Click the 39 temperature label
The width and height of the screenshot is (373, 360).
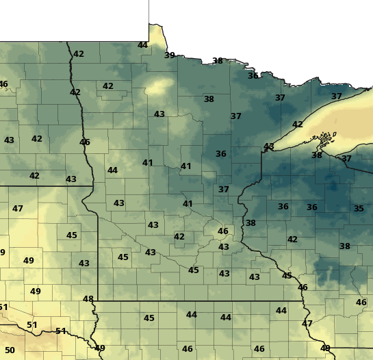[x=169, y=55]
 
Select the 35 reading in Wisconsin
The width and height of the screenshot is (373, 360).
[x=359, y=208]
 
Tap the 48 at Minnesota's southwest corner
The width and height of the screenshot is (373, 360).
[x=88, y=299]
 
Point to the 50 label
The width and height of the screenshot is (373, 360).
[x=10, y=350]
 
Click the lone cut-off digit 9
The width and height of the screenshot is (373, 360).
[x=2, y=253]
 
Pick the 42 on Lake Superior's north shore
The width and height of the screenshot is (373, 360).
[x=297, y=124]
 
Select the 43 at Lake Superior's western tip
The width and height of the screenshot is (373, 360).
[x=268, y=146]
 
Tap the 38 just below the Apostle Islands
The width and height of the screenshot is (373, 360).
[x=316, y=155]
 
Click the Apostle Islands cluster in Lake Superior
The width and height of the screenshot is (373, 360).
[x=321, y=142]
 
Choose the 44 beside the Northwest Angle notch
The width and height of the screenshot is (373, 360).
[x=142, y=45]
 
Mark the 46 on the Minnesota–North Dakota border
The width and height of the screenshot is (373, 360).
[x=85, y=142]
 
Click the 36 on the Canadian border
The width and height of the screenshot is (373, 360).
[x=253, y=75]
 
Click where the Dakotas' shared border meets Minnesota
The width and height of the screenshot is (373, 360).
[x=92, y=185]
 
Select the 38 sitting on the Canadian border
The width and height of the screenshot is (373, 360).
[x=218, y=61]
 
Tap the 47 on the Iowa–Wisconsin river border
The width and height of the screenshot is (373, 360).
[x=307, y=323]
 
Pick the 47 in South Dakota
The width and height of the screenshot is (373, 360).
[x=18, y=208]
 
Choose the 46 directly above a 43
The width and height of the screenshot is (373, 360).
[x=222, y=231]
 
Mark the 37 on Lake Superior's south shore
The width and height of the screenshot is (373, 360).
[x=346, y=159]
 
